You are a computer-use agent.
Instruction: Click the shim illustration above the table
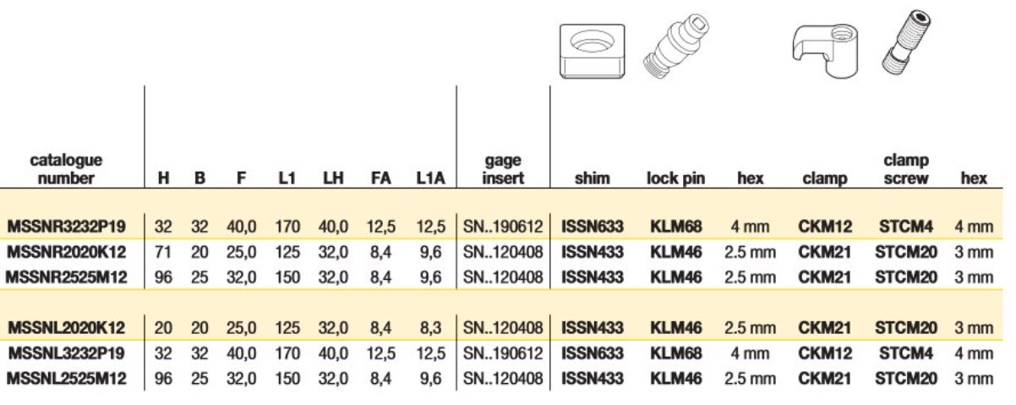pos(592,52)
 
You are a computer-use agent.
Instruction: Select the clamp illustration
pos(825,51)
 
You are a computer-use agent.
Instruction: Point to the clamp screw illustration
pos(906,42)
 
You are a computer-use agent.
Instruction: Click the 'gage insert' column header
pos(503,169)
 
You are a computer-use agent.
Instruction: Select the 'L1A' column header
pos(430,178)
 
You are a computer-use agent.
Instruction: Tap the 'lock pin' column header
pos(675,178)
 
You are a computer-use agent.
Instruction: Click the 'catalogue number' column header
pos(66,169)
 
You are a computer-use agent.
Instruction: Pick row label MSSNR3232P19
pos(66,227)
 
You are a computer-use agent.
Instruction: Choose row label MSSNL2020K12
pos(66,327)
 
